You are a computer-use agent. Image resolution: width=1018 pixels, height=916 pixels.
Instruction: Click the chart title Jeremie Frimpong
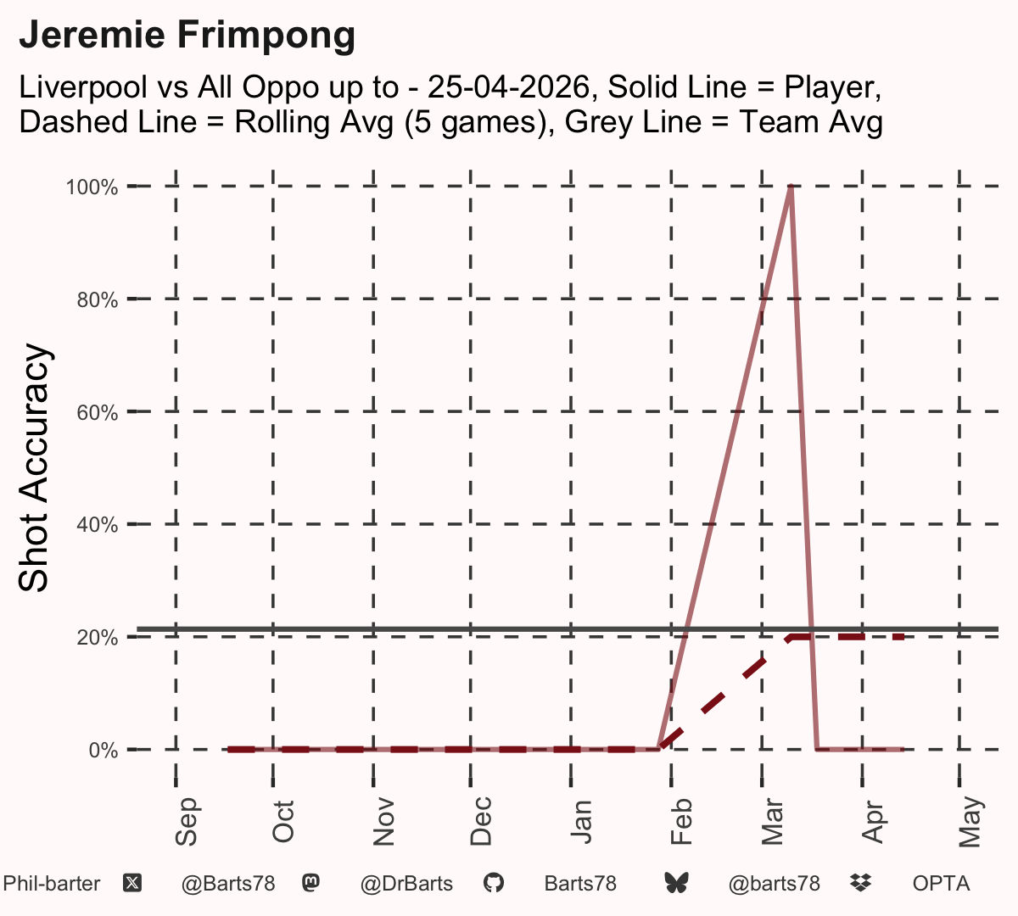(x=187, y=36)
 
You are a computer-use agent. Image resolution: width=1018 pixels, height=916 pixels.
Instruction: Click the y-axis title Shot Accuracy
(x=33, y=467)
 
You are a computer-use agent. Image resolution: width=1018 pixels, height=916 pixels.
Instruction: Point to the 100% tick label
(x=92, y=187)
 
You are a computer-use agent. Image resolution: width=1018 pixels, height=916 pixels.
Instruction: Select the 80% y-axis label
(x=98, y=300)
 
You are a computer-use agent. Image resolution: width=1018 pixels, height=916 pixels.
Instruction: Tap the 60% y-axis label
(x=98, y=412)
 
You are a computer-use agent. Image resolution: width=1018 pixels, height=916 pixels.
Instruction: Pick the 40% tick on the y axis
(x=98, y=525)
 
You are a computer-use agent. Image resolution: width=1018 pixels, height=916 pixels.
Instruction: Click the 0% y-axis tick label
(x=103, y=750)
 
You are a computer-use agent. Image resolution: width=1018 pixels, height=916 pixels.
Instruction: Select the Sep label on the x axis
(x=186, y=821)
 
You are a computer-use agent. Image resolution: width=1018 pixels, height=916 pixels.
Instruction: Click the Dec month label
(x=481, y=821)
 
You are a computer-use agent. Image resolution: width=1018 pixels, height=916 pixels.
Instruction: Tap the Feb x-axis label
(x=681, y=821)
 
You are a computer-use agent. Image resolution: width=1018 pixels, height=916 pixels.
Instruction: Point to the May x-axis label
(x=970, y=822)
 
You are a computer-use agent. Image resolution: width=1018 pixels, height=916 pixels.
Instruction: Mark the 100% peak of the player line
(x=791, y=187)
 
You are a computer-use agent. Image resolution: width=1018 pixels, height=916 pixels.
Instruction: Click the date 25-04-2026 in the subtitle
(x=508, y=87)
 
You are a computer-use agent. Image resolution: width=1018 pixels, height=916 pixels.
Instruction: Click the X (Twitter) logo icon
(x=132, y=884)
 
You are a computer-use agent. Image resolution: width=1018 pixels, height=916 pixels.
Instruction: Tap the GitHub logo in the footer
(x=494, y=884)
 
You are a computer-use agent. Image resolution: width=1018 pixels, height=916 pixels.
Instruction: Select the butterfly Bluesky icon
(x=676, y=884)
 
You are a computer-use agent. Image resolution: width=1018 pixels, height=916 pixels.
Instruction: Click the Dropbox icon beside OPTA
(x=861, y=883)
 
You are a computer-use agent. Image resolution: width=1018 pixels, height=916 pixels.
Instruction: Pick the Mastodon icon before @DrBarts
(x=310, y=883)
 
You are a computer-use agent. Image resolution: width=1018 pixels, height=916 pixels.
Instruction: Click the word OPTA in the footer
(x=942, y=884)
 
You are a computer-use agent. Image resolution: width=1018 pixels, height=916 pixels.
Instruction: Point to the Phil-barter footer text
(x=51, y=884)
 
